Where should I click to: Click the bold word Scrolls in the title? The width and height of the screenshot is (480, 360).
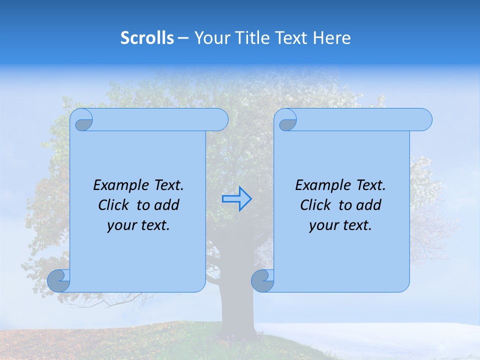tap(147, 38)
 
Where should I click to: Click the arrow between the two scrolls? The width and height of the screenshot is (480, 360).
tap(236, 198)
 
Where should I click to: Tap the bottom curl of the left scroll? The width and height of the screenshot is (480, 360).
tap(59, 281)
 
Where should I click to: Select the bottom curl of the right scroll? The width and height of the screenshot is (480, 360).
tap(262, 281)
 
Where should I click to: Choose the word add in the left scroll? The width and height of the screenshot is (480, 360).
tap(168, 205)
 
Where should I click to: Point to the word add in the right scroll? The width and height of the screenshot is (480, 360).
tap(370, 205)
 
